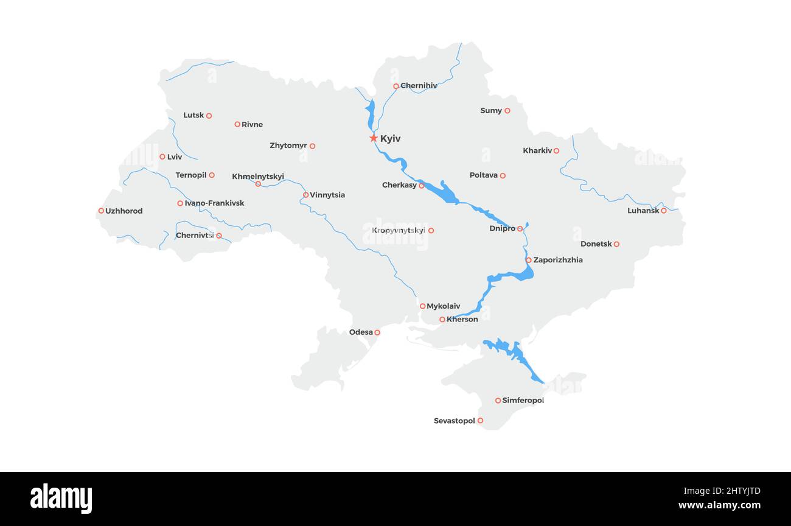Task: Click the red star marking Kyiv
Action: click(x=374, y=138)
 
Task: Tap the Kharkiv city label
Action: click(x=537, y=150)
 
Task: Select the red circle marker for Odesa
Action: click(x=377, y=332)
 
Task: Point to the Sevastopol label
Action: click(x=454, y=421)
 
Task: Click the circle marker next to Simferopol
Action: click(x=498, y=401)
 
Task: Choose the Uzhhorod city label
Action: click(x=124, y=211)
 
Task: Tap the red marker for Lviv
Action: click(x=162, y=156)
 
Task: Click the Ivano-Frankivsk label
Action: click(x=214, y=203)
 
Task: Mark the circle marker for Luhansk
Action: click(x=664, y=211)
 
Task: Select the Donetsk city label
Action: click(x=596, y=244)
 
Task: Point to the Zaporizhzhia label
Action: click(x=558, y=260)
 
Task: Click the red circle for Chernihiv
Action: click(x=396, y=86)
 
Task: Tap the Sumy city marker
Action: click(x=507, y=111)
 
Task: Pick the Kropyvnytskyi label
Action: click(x=399, y=230)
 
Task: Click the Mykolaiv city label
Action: click(x=444, y=306)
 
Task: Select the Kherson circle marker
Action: click(x=442, y=320)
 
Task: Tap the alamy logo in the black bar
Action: click(x=61, y=499)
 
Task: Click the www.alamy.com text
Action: click(x=719, y=505)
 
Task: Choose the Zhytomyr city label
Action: click(x=288, y=146)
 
